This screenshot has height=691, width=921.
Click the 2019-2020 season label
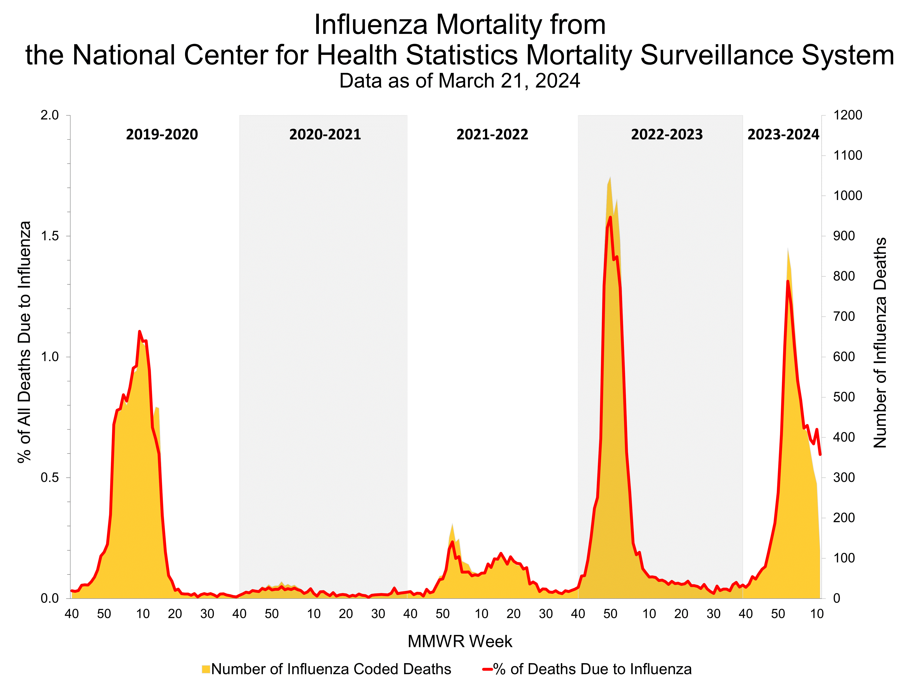[162, 135]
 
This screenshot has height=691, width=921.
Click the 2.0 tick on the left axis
[50, 115]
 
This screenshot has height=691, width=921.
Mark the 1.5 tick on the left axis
[50, 236]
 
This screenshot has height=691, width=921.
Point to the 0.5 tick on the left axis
[50, 478]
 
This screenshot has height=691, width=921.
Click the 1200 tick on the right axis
[847, 115]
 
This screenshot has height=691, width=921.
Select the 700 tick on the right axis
[844, 317]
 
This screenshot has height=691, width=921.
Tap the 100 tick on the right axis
[844, 558]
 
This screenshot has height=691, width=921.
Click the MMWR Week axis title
[460, 641]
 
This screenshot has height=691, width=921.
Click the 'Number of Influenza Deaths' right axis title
[880, 342]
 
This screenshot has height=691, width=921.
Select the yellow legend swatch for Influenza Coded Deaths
[206, 669]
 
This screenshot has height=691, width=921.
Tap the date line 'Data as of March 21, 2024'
[460, 81]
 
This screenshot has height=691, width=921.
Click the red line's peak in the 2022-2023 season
[610, 217]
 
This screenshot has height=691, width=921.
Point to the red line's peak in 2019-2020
[140, 331]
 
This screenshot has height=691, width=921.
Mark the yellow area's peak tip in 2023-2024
[788, 248]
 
